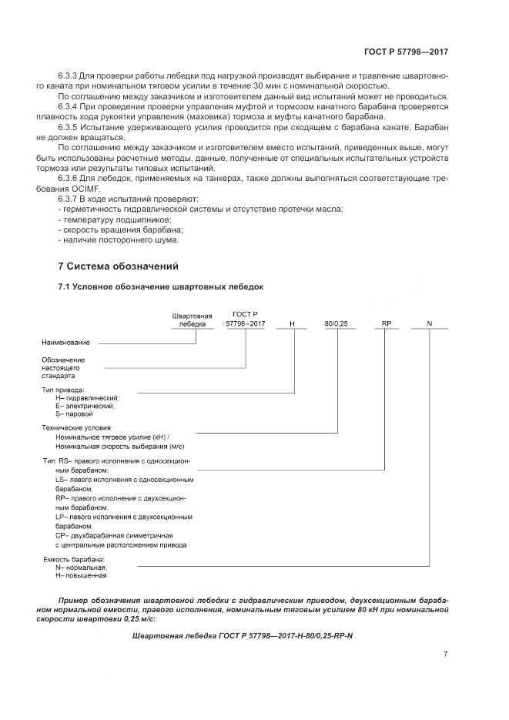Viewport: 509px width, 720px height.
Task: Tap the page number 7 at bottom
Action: [x=445, y=655]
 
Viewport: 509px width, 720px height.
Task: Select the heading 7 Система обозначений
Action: [x=119, y=266]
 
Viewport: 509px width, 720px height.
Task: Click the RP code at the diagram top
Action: [x=387, y=324]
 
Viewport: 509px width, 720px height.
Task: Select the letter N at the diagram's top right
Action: [x=430, y=324]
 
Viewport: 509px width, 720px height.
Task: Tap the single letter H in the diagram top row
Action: [x=292, y=324]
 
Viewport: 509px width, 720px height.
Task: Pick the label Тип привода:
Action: [x=63, y=390]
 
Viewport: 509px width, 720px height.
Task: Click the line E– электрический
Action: [x=85, y=406]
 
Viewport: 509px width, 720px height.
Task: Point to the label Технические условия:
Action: [x=77, y=427]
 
